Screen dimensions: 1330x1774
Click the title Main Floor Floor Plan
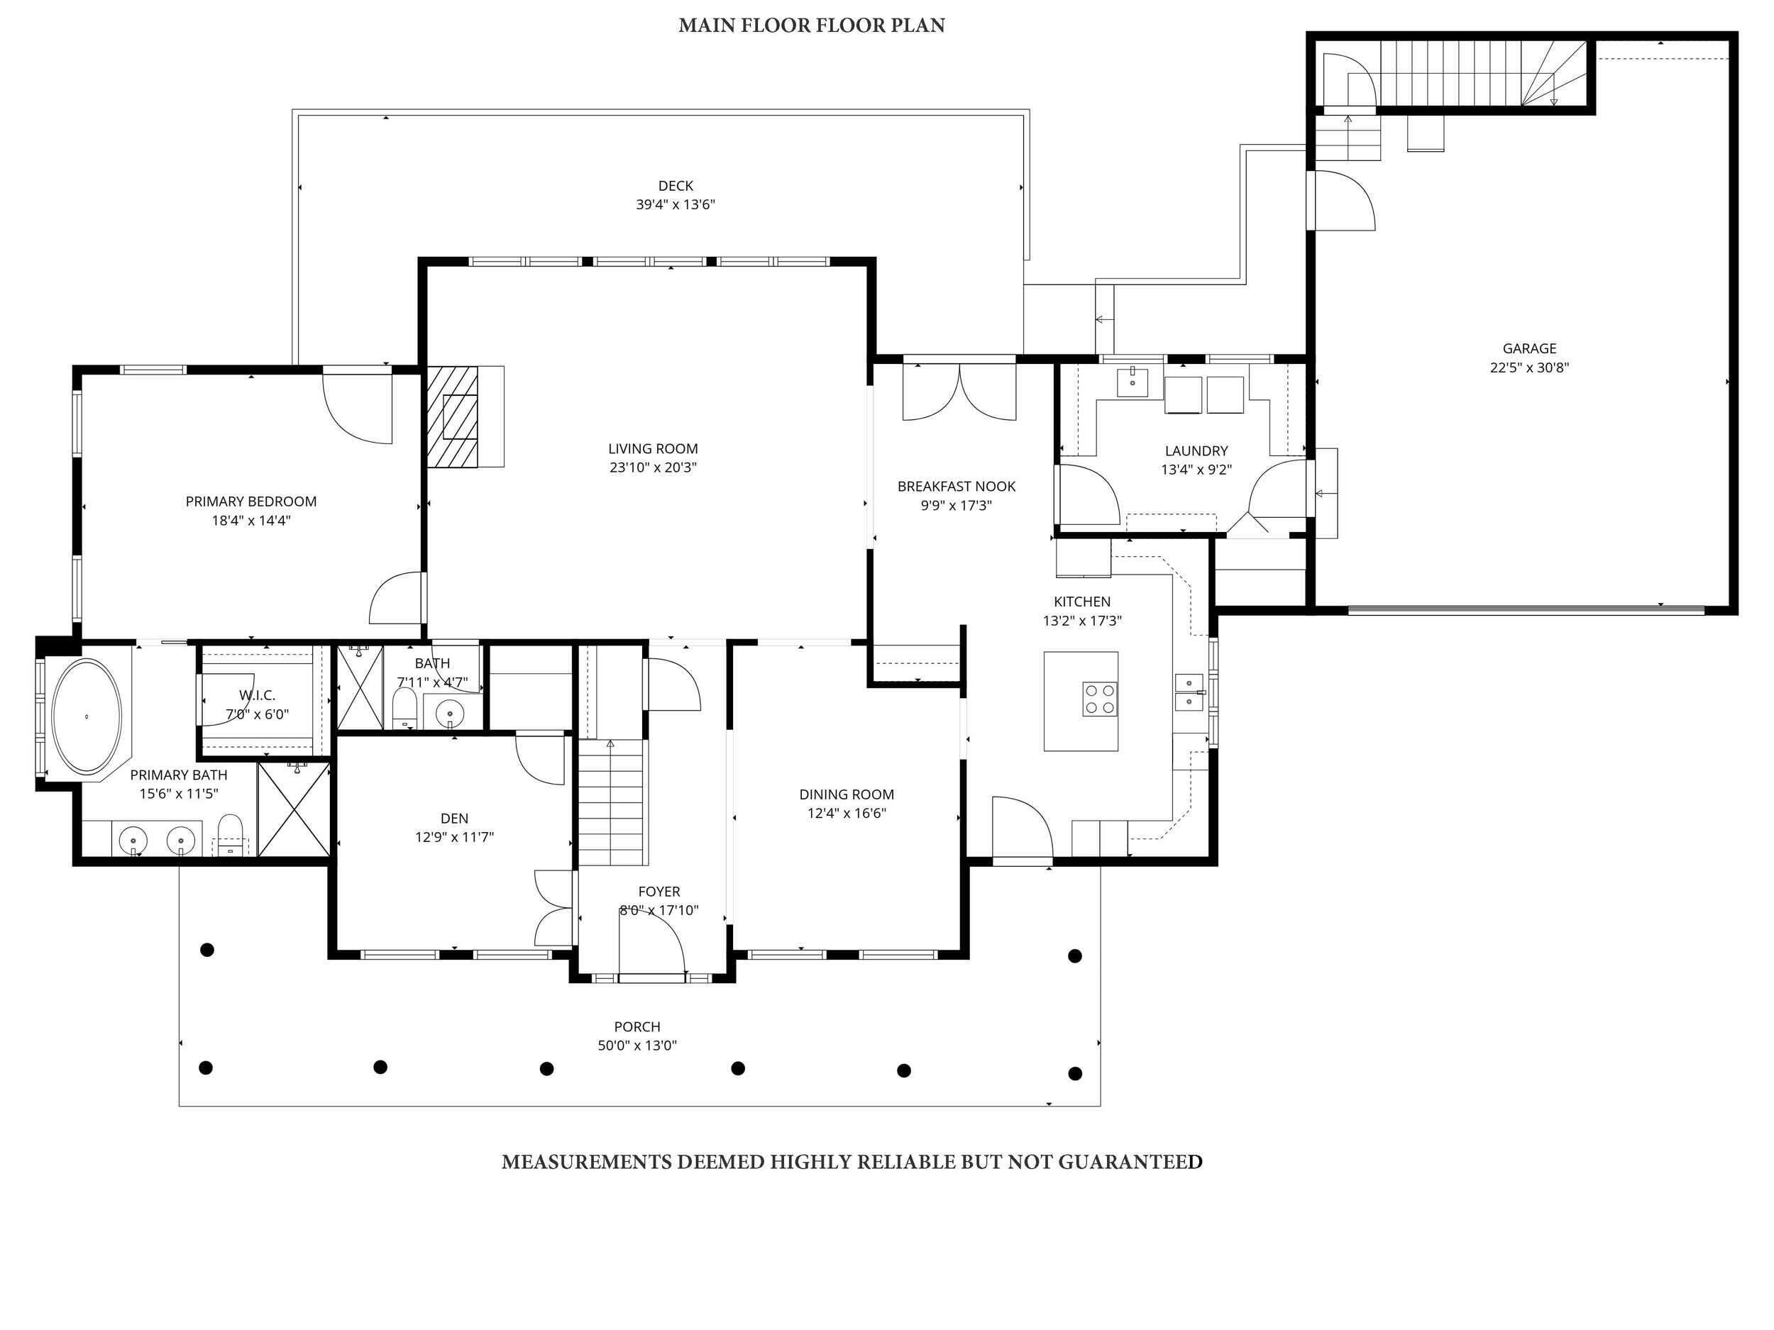811,26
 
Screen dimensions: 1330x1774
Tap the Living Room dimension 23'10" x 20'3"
652,467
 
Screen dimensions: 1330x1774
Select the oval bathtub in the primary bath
87,716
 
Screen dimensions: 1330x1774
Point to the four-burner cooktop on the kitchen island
1100,698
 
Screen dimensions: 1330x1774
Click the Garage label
1528,349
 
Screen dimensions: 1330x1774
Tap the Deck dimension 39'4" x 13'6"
676,204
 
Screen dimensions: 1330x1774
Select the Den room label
454,819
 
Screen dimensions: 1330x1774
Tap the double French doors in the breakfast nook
959,393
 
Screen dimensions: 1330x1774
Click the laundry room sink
1132,382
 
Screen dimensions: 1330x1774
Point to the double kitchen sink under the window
1189,692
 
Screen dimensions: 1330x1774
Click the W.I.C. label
257,695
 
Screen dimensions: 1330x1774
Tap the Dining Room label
846,794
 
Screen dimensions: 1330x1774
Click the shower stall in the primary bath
294,810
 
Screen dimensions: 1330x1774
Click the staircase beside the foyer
612,802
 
